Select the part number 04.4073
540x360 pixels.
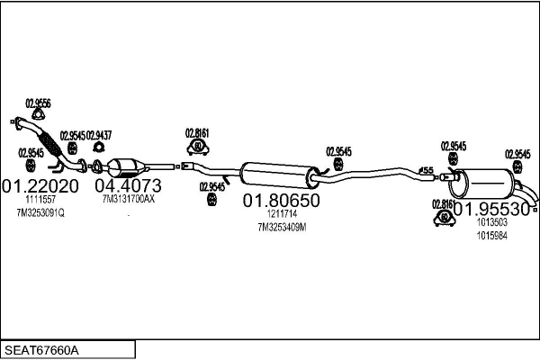(x=130, y=185)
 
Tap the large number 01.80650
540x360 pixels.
(x=282, y=202)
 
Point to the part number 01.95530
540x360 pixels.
(x=490, y=207)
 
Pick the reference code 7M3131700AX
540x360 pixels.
(x=129, y=199)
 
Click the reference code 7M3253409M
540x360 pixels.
(x=282, y=228)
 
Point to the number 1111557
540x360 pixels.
(x=40, y=199)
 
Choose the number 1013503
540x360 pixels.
(x=491, y=222)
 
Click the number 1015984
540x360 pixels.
(x=491, y=235)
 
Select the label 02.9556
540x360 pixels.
(x=38, y=102)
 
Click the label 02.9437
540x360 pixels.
(x=99, y=135)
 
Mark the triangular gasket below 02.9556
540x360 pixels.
(x=38, y=113)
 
